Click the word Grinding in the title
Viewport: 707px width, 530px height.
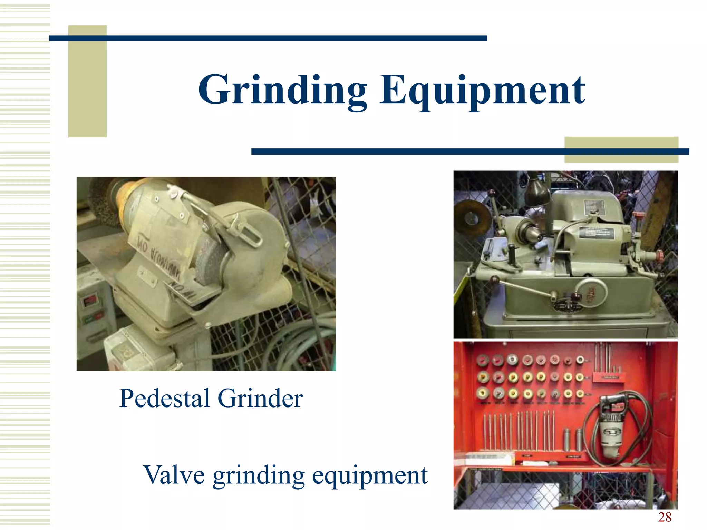pyautogui.click(x=282, y=90)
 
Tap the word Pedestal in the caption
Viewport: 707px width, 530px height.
pyautogui.click(x=164, y=399)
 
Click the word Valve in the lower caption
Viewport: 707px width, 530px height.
pyautogui.click(x=174, y=475)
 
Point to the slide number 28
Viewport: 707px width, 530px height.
pyautogui.click(x=665, y=517)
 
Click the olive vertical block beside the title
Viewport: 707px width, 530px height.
pyautogui.click(x=87, y=81)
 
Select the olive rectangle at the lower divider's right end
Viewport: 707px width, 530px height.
pyautogui.click(x=621, y=150)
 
